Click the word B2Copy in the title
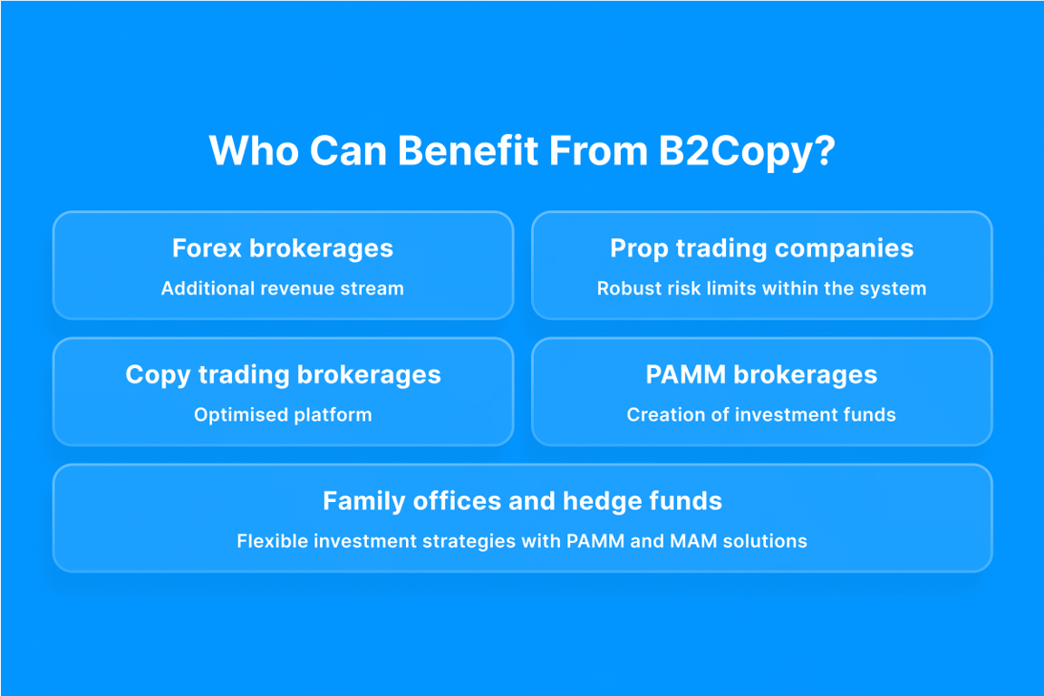[x=735, y=152]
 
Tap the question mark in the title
[x=825, y=150]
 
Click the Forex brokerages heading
[x=283, y=248]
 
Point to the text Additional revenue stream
[x=283, y=288]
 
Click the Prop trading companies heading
[x=761, y=249]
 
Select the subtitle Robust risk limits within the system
[x=761, y=288]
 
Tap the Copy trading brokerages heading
[x=283, y=375]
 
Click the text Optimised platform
[x=283, y=415]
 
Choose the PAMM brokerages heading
[x=761, y=375]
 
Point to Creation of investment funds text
[x=761, y=415]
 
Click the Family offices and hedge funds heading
[x=523, y=501]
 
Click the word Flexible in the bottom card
[x=272, y=541]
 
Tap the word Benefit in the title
[x=469, y=150]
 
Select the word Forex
[x=207, y=248]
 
